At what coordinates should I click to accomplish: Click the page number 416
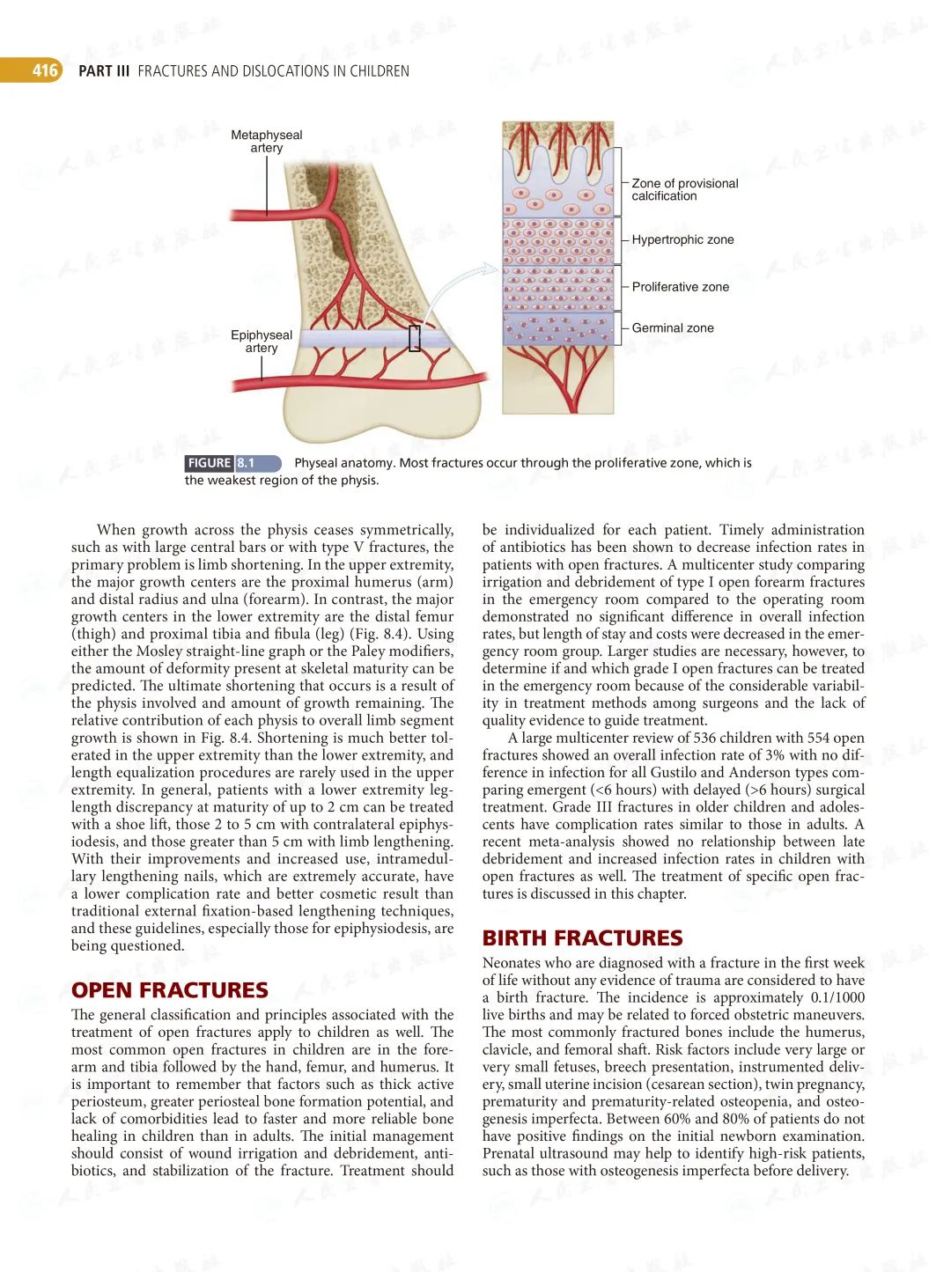tap(44, 70)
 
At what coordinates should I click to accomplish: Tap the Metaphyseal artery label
tap(266, 141)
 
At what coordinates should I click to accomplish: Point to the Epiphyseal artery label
tap(261, 341)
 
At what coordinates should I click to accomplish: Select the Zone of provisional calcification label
tap(684, 189)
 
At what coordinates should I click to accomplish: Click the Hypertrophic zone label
tap(682, 239)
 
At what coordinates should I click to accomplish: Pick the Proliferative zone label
tap(680, 287)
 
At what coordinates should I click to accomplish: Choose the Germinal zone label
tap(673, 327)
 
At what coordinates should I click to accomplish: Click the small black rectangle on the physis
tap(415, 338)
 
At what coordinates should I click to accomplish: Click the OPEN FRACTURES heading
tap(169, 990)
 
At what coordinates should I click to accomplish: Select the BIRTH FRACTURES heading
tap(582, 938)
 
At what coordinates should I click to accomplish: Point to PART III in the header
tap(103, 71)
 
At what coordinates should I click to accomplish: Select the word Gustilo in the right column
tap(675, 772)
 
